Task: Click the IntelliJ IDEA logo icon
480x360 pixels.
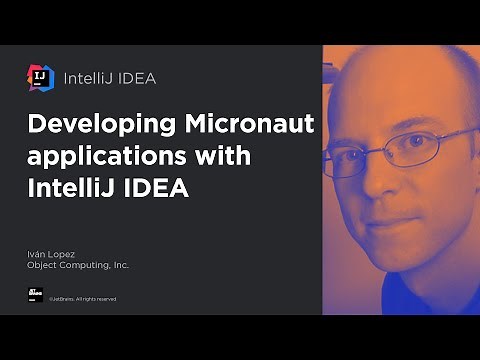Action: (x=41, y=77)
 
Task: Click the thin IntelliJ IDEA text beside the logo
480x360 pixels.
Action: (x=110, y=77)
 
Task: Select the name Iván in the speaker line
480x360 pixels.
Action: (x=37, y=256)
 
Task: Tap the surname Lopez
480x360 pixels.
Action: (x=62, y=256)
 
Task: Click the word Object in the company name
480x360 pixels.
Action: (x=42, y=267)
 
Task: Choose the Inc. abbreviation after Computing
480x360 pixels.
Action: (x=121, y=267)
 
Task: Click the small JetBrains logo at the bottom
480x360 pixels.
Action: (x=35, y=296)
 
